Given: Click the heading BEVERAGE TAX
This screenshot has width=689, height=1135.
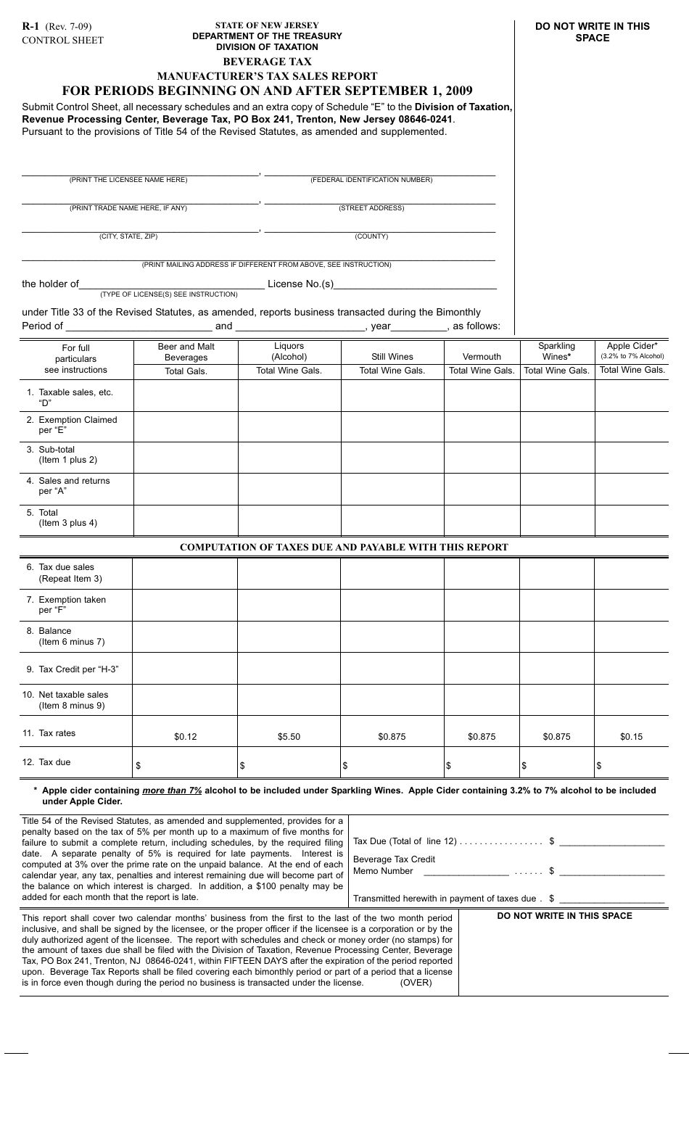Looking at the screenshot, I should coord(267,62).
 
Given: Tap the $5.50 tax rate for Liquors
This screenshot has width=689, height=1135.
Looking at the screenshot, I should coord(289,737).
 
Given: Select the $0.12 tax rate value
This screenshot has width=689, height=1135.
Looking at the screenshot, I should coord(186,737).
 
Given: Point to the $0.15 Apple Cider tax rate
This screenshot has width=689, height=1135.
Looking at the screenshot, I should coord(631,737).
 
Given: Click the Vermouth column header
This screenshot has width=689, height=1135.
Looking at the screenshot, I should coord(482,356).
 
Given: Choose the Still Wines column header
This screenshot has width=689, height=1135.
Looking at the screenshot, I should coord(392,356).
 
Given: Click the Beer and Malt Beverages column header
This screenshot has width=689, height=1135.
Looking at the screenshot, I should coord(186,352).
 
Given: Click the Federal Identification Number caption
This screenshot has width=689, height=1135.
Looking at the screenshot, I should coord(371,180).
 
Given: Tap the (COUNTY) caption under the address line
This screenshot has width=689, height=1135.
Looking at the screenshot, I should coord(371,236).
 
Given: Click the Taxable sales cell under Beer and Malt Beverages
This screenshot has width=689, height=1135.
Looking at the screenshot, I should coord(186,397).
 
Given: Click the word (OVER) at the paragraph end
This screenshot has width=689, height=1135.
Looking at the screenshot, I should coord(416,983).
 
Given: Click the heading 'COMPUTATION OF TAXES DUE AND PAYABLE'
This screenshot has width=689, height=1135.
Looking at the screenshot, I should coord(344,548).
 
